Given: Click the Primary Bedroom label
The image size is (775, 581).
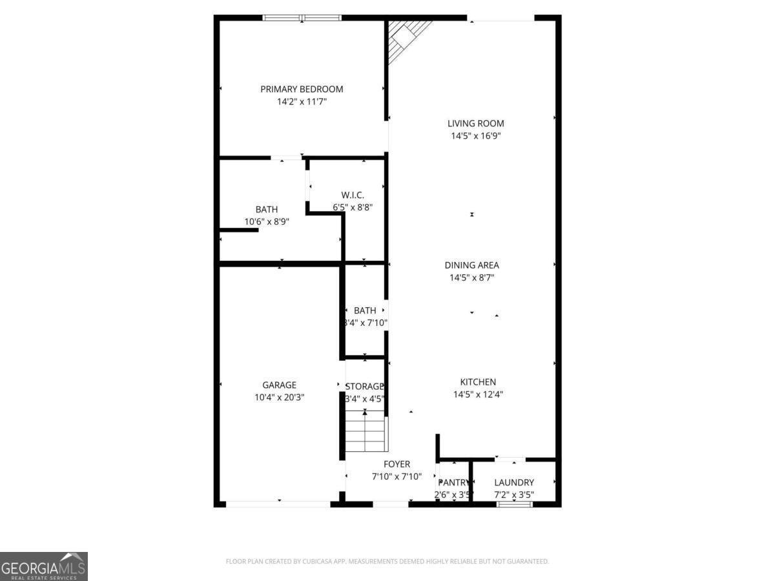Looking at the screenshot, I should pos(302,89).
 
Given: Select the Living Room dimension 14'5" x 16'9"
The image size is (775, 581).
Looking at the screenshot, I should pos(476,136).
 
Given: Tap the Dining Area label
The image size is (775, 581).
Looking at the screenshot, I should pos(471,265).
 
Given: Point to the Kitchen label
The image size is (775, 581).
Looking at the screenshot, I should pos(478,382).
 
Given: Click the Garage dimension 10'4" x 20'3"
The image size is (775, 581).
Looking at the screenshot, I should pos(279,398).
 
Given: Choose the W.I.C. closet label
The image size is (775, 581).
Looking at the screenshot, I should pos(353,195).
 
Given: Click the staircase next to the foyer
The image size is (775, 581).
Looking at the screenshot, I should pos(366,431).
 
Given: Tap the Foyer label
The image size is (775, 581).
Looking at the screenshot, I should pos(397,464).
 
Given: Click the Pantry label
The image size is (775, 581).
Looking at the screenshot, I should pos(453,483).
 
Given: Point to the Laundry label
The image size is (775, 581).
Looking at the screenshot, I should pos(514,482).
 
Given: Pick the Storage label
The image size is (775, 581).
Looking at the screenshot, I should pos(365,386).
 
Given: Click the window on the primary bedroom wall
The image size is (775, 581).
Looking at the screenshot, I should pos(302,18).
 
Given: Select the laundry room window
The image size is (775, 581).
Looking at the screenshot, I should pos(515,504).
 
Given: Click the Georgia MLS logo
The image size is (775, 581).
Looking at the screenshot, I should pos(44,566).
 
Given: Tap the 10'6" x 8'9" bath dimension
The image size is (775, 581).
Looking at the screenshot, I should pos(267,221).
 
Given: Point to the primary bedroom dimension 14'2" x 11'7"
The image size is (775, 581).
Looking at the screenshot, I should pos(302,102).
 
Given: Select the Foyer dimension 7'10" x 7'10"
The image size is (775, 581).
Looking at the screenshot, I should pos(397,476).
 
